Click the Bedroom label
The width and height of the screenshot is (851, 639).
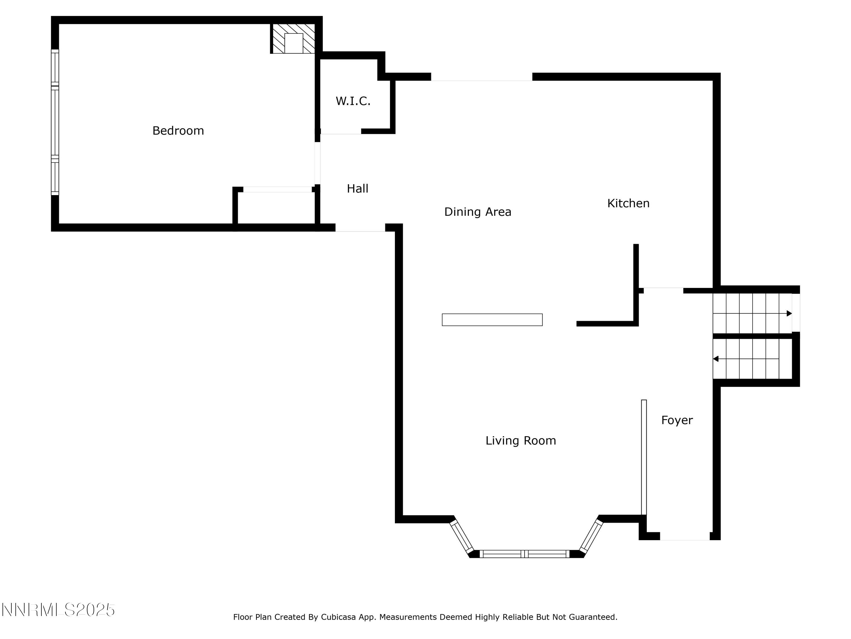coord(178,131)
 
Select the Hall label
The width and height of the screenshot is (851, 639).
coord(357,188)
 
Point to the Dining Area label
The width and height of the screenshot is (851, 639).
coord(477,212)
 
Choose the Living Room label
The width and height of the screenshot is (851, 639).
coord(521,440)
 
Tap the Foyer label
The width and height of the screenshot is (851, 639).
coord(677,420)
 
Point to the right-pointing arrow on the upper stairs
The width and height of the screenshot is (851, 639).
coord(789,313)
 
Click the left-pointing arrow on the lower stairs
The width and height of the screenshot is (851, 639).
coord(716,359)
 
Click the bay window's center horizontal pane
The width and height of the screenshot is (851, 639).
coord(524,554)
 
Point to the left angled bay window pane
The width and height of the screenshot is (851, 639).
coord(461,536)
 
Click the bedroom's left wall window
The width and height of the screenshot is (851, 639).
coord(55,122)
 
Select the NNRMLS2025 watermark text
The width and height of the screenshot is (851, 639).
coord(58,610)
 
